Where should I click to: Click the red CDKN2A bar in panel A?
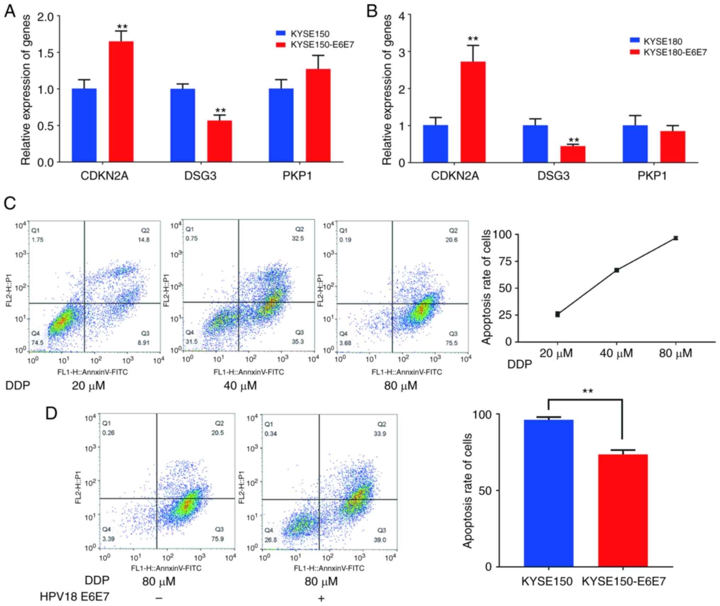click(121, 102)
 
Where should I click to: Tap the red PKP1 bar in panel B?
click(672, 147)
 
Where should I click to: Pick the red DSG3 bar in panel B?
click(573, 154)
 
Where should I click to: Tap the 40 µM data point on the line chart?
click(617, 270)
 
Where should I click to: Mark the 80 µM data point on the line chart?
click(676, 238)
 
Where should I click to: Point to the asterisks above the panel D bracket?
click(587, 391)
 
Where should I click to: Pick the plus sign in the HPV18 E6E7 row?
click(321, 598)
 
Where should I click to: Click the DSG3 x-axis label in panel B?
click(553, 176)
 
